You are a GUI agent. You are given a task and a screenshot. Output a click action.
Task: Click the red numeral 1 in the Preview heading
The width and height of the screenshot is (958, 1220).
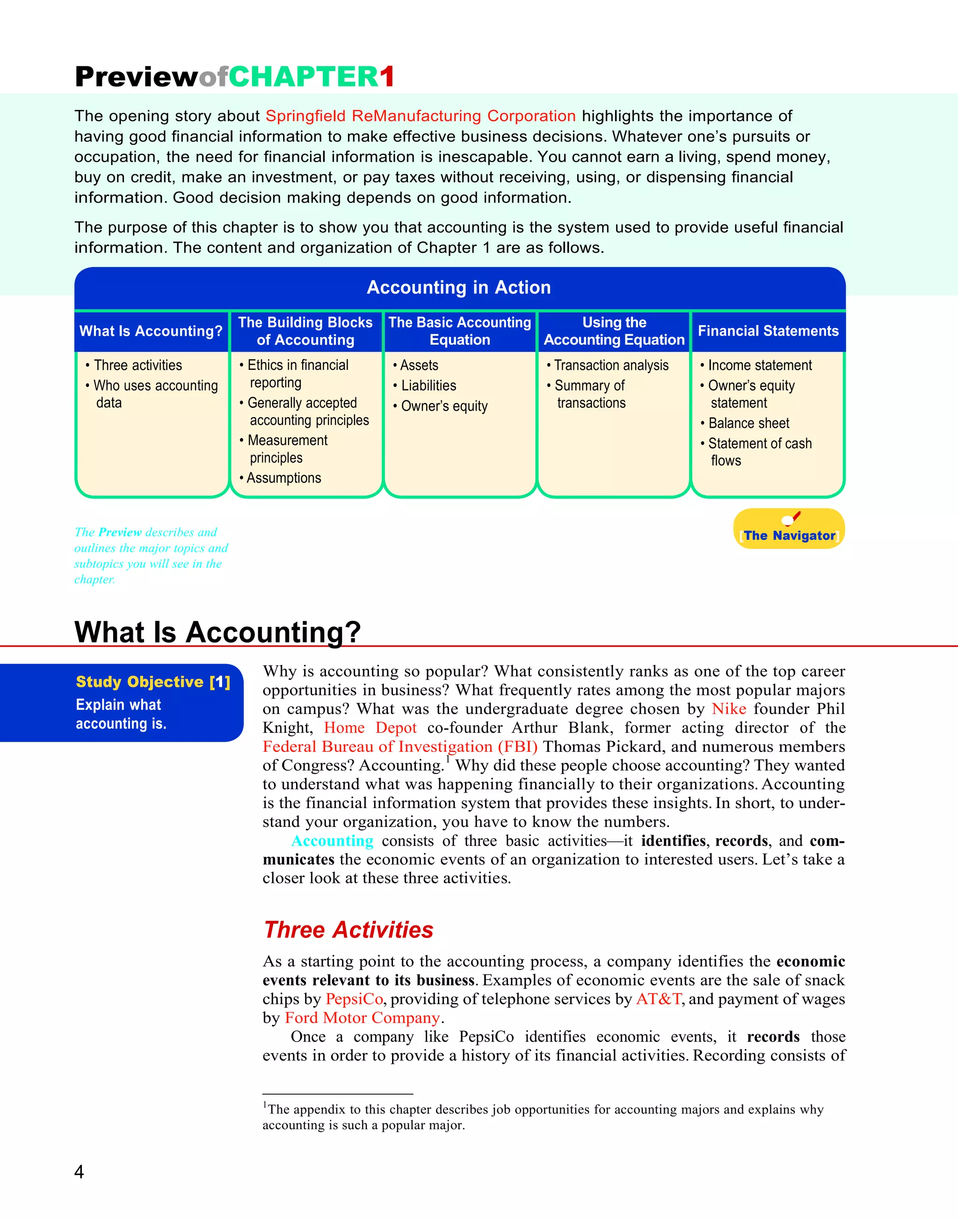pos(387,77)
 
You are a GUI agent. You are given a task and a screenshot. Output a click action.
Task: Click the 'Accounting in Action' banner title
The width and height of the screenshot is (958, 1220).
pos(459,287)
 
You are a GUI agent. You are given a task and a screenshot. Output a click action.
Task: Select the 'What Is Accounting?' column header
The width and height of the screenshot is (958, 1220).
pos(151,331)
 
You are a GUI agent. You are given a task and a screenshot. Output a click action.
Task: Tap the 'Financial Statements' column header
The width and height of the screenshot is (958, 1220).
pos(768,331)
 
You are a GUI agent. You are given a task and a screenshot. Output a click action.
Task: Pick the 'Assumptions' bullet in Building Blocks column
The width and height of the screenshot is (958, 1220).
pos(283,478)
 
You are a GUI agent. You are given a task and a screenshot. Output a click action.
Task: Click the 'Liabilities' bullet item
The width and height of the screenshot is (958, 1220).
pos(428,385)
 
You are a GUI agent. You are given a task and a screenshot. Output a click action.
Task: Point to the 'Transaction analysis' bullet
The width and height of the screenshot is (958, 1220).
pos(611,365)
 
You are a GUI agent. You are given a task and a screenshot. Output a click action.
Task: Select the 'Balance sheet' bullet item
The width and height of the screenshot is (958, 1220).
pos(748,423)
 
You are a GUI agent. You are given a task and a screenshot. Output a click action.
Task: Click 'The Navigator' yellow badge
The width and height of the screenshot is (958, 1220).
pos(789,529)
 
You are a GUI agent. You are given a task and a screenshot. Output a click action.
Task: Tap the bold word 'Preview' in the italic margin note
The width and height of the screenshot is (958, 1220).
pos(120,532)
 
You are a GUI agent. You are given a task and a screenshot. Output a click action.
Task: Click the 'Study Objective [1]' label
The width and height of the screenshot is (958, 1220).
pos(152,681)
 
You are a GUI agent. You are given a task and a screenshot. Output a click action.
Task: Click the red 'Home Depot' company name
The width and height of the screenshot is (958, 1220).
pos(370,727)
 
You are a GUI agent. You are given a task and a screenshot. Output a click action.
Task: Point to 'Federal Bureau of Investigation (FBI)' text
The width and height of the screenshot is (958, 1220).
pos(400,746)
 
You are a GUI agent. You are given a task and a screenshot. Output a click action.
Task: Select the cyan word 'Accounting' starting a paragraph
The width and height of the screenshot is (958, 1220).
pos(332,840)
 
